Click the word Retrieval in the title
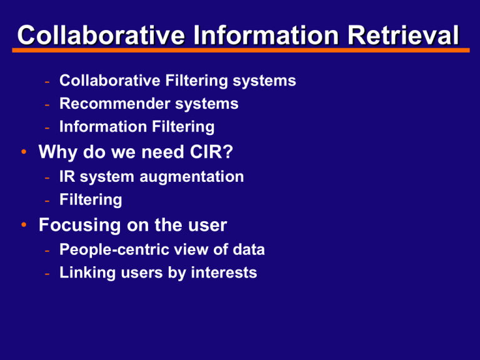403,35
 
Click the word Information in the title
266,35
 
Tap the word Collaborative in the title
101,35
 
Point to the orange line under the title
241,50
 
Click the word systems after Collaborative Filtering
264,81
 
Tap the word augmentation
192,177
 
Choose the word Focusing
79,226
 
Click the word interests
224,272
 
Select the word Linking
87,273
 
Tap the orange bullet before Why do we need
24,152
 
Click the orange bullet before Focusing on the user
24,225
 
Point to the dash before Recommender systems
47,105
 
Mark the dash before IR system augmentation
47,178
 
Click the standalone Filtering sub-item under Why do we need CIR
91,200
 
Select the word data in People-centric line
249,249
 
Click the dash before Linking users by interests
47,274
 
